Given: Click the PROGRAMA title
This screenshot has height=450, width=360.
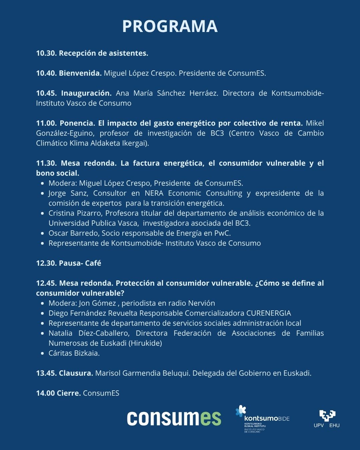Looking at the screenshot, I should click(170, 26).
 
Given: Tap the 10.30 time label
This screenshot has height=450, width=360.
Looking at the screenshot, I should click(46, 53).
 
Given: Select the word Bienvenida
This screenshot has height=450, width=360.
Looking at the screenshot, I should click(80, 73).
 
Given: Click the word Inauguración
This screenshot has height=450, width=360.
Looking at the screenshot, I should click(86, 93).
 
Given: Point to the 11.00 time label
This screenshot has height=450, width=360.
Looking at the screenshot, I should click(46, 123).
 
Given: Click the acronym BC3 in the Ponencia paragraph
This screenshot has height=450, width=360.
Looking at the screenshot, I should click(217, 133).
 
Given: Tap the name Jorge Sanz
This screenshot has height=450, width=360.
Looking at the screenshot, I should click(68, 193).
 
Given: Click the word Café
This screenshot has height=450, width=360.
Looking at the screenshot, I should click(93, 263).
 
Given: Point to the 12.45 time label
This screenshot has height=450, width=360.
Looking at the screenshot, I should click(46, 283).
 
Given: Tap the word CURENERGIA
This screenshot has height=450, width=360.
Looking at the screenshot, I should click(268, 313).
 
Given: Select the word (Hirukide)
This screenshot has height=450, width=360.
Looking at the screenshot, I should click(145, 343).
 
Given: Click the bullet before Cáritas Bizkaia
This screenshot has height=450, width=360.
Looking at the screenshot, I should click(42, 353).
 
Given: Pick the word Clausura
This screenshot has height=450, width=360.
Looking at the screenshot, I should click(76, 373).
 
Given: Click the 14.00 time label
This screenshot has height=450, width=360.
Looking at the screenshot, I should click(45, 393).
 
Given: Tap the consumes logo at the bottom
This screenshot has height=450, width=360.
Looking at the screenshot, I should click(174, 418).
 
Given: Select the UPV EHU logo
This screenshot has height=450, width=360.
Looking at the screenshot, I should click(327, 419).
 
